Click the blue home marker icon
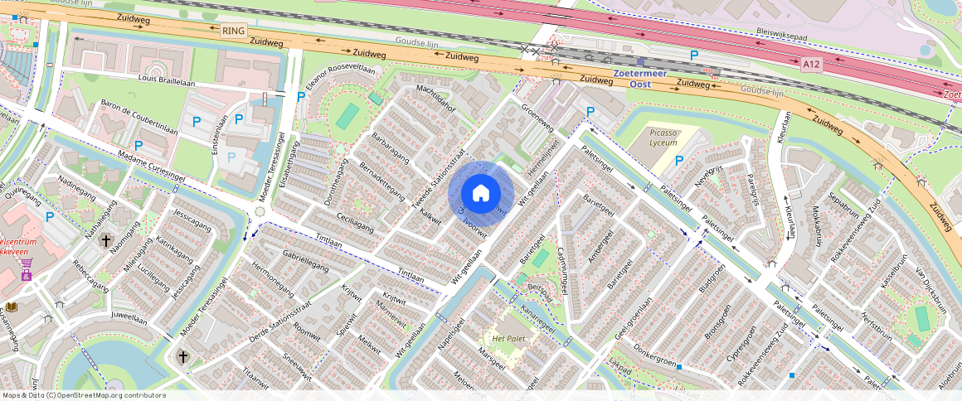tap(481, 194)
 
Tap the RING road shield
tap(234, 31)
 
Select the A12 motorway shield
tap(811, 63)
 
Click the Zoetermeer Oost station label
tap(639, 79)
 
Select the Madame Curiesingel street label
tap(151, 163)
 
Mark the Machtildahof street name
tap(436, 99)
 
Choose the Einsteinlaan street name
tap(221, 133)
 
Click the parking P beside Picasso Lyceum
tap(679, 161)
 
